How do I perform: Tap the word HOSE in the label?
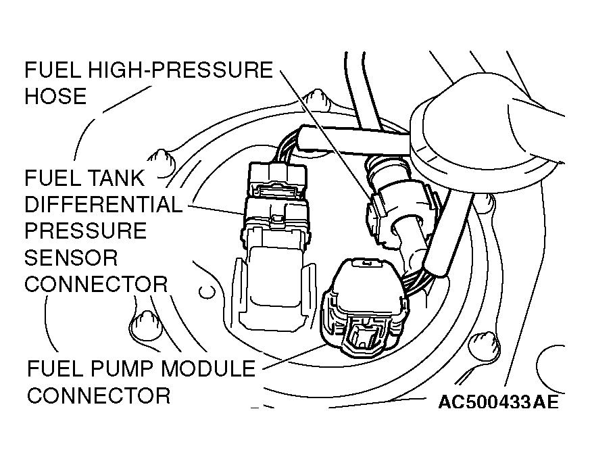55,96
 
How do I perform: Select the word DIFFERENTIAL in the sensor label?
103,205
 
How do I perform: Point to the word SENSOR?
71,257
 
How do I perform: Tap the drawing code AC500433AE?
498,402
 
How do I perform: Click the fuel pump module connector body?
366,308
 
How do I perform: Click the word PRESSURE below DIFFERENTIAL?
86,231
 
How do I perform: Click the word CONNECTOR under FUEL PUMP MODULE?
99,395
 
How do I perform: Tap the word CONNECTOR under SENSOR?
96,283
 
